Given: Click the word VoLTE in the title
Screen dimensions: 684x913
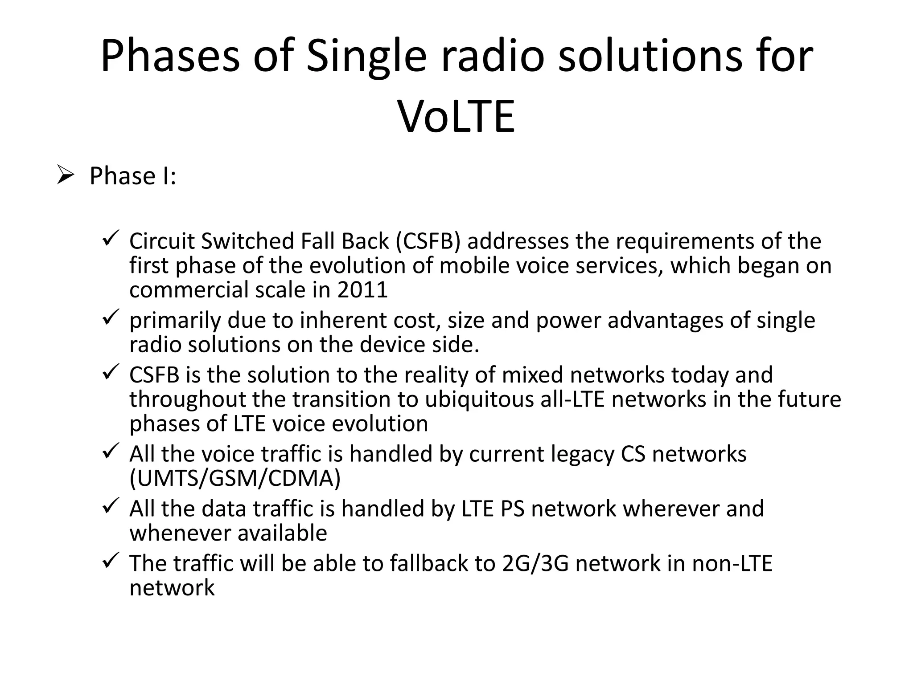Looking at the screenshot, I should click(x=456, y=117).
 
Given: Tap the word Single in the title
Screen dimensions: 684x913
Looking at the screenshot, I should click(x=366, y=57).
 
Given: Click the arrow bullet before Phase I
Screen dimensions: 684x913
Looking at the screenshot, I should click(x=65, y=175).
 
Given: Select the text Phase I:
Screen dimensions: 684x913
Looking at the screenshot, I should click(x=133, y=176).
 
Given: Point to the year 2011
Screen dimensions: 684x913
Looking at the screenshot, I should click(x=362, y=290).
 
